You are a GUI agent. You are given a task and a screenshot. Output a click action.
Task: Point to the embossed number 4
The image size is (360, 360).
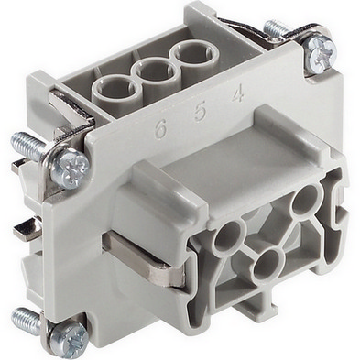coord(238,93)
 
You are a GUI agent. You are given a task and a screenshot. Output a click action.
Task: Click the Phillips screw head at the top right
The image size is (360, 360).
coord(321,55)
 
